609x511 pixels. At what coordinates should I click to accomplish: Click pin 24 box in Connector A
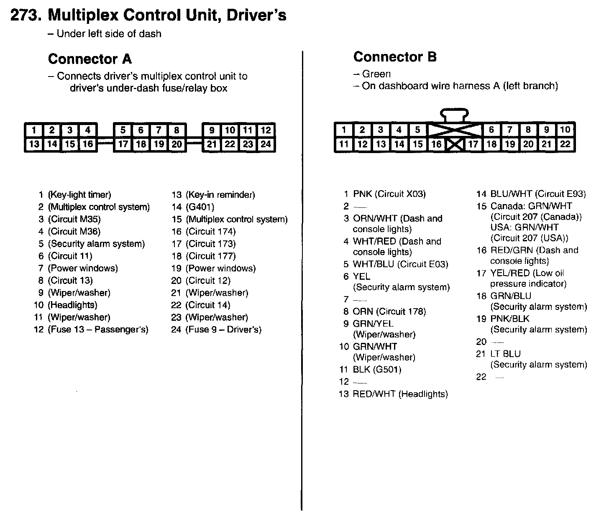tap(266, 144)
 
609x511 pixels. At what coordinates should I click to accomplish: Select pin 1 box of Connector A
tap(34, 130)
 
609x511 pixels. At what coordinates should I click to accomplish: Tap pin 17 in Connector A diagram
tap(123, 144)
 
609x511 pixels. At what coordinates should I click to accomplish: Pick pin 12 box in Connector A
tap(266, 130)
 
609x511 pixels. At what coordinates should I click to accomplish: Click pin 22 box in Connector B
tap(565, 144)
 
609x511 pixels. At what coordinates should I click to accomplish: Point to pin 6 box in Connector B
tap(491, 130)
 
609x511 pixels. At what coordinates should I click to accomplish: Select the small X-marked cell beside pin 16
tap(455, 145)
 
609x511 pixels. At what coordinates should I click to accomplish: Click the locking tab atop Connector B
tap(455, 114)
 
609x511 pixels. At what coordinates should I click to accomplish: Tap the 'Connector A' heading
tap(90, 59)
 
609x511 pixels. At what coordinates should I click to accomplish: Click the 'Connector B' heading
tap(395, 57)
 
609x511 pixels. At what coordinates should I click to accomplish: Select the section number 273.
tap(25, 15)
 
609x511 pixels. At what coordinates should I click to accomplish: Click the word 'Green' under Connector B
tap(376, 74)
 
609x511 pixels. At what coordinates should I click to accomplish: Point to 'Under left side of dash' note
tap(109, 34)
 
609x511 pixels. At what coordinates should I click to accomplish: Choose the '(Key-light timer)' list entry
tap(79, 195)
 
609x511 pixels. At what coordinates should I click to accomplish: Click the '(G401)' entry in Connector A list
tap(200, 207)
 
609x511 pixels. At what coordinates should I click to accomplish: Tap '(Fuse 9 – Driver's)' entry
tap(223, 330)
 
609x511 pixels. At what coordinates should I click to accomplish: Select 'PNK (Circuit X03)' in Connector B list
tap(389, 194)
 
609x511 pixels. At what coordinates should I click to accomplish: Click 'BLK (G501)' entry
tap(377, 370)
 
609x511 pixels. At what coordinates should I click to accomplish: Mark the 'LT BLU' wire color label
tap(505, 354)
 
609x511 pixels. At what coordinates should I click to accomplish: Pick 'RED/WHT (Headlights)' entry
tap(400, 394)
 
